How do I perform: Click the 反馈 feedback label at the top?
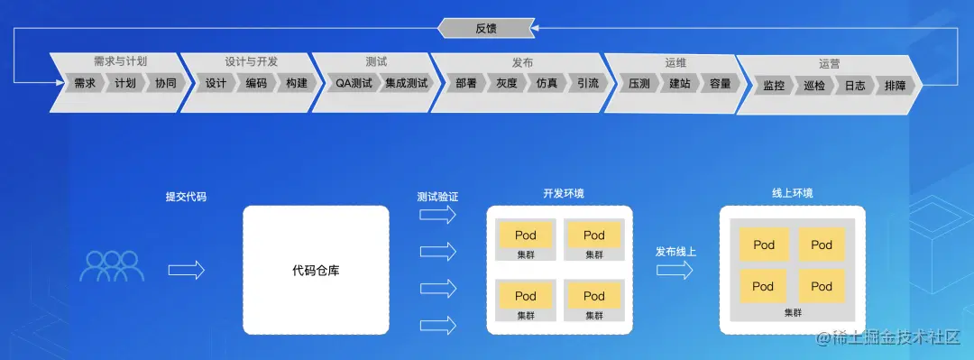tap(486, 28)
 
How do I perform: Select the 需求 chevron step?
tap(85, 84)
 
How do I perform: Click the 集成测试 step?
tap(406, 84)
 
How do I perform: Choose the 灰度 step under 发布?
tap(506, 84)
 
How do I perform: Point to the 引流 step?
tap(587, 84)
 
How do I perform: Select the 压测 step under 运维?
tap(639, 84)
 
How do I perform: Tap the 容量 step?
tap(720, 84)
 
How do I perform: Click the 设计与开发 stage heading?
tap(251, 61)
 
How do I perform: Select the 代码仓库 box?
tap(316, 270)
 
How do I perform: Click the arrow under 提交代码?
tap(187, 270)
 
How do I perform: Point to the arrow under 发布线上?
tap(675, 270)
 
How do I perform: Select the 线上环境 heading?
tap(792, 193)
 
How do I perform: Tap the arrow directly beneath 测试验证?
tap(438, 215)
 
